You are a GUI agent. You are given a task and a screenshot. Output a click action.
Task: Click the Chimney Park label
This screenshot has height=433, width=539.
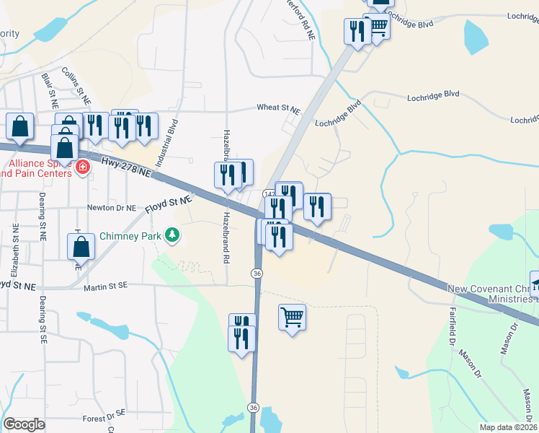[130, 235]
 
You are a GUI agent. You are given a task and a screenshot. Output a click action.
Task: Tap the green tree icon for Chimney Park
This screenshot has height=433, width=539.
[171, 235]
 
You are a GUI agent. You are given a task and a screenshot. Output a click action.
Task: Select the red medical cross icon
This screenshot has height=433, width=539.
[83, 168]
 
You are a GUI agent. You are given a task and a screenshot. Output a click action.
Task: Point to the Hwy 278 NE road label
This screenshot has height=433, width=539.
[127, 167]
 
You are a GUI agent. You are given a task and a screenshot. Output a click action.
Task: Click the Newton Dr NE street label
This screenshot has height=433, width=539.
[111, 208]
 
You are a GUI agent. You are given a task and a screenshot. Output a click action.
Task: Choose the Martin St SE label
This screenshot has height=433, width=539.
[104, 287]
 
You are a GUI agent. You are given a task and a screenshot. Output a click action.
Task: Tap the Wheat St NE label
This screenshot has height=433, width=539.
[278, 108]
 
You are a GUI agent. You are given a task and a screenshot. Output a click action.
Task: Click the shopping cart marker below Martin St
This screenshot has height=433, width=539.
[292, 317]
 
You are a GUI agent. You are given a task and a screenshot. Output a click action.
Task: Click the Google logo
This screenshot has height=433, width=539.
[24, 424]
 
